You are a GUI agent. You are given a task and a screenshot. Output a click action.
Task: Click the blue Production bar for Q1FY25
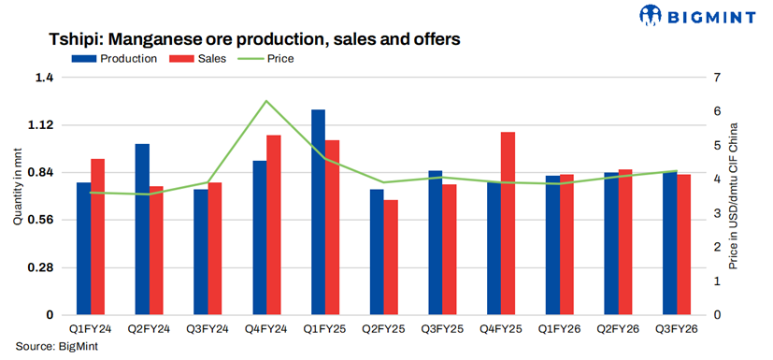pyautogui.click(x=319, y=212)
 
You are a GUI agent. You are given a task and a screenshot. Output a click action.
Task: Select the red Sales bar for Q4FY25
pyautogui.click(x=508, y=223)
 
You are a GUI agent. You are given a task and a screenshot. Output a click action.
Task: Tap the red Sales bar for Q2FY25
pyautogui.click(x=391, y=257)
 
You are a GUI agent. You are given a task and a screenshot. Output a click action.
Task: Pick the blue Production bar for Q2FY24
pyautogui.click(x=142, y=229)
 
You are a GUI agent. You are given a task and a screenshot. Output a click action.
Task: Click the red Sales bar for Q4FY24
pyautogui.click(x=273, y=225)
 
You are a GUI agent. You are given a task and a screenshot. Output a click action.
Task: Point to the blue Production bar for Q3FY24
pyautogui.click(x=201, y=252)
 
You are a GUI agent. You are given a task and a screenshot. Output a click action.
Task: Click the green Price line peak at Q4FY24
pyautogui.click(x=266, y=101)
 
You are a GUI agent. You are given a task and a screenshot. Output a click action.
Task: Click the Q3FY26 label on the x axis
pyautogui.click(x=677, y=329)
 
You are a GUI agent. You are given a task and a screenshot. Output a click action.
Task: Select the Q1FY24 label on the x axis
pyautogui.click(x=91, y=329)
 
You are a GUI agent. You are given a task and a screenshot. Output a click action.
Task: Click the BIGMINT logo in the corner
pyautogui.click(x=702, y=16)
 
